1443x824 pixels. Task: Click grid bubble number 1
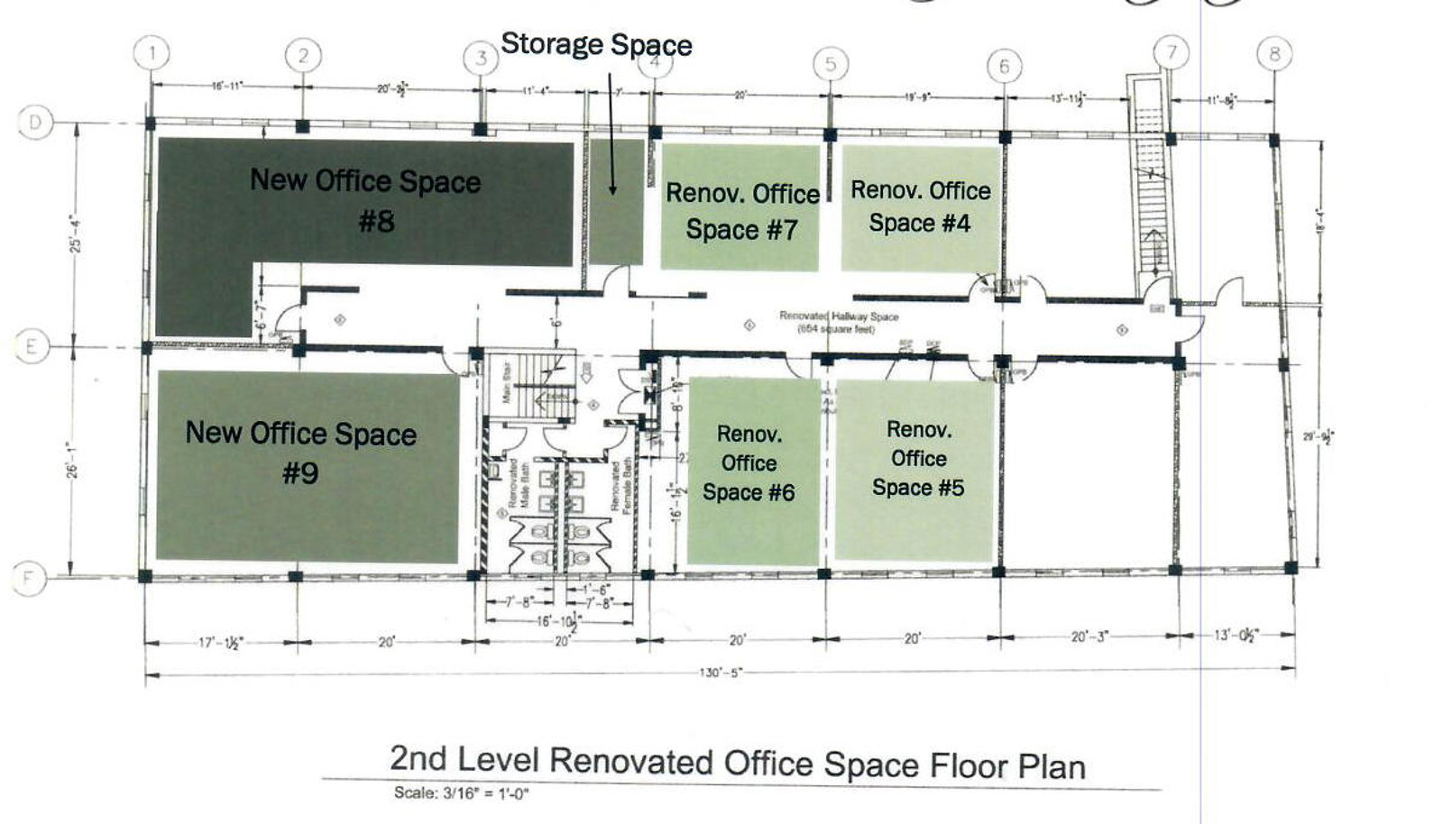coord(152,53)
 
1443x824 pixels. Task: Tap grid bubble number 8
coord(1273,54)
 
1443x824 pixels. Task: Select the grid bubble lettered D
coord(35,122)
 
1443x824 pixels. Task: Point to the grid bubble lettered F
coord(29,578)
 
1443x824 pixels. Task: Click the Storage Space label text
coord(596,44)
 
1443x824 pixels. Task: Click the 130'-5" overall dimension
coord(720,673)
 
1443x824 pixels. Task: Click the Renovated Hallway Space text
coord(839,316)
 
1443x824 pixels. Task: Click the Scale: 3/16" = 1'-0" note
coord(461,793)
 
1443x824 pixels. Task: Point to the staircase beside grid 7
coord(1149,189)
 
